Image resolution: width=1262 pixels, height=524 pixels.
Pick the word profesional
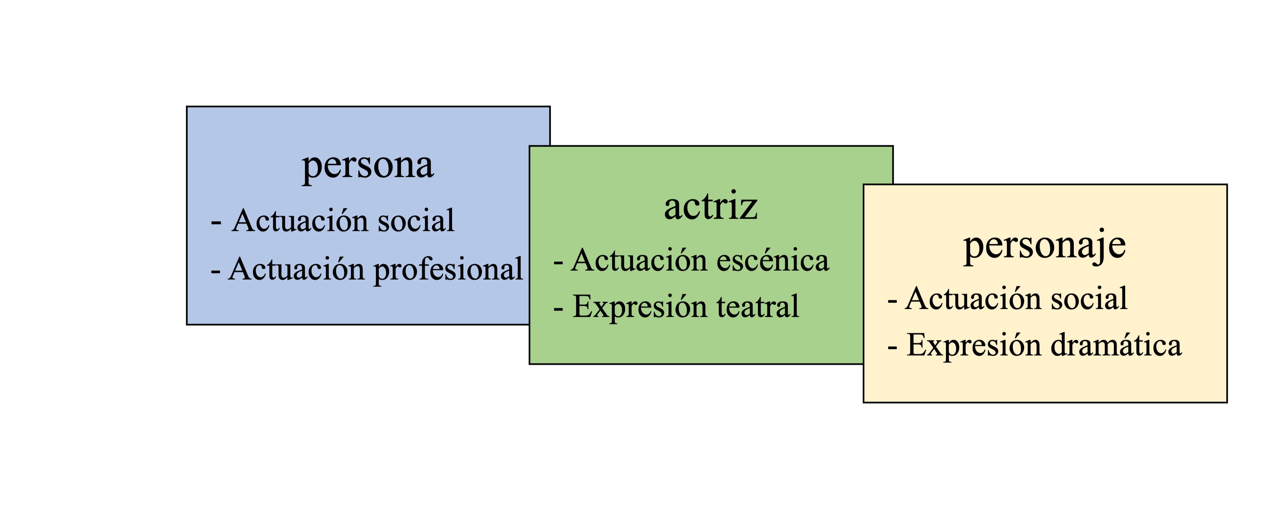(x=448, y=270)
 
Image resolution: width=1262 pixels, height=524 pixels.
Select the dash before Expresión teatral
(x=558, y=310)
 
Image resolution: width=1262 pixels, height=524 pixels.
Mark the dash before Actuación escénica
(x=558, y=263)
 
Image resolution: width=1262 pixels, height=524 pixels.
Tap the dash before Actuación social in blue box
(x=216, y=223)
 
